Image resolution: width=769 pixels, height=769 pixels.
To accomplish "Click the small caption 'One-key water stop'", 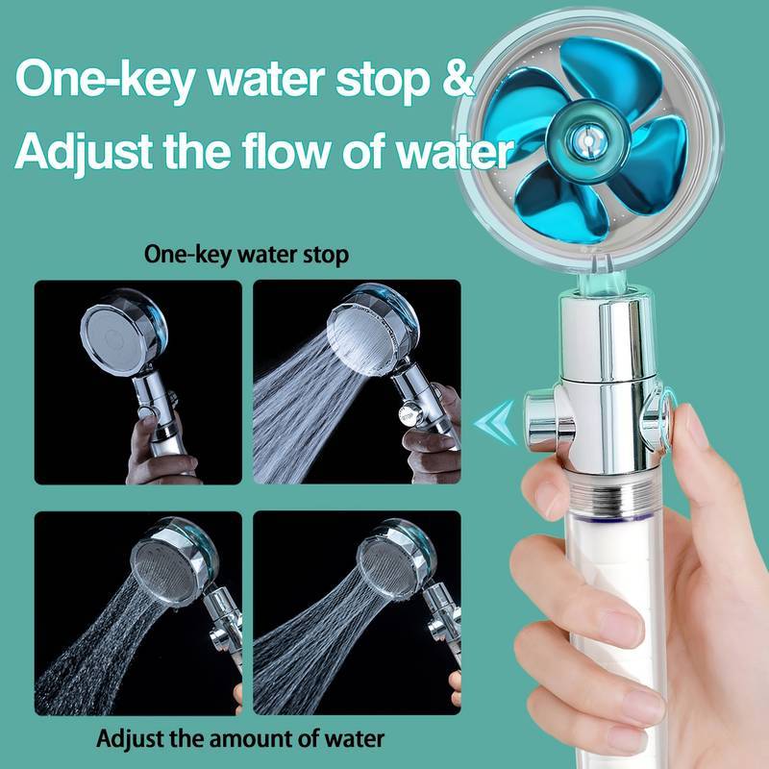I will [245, 256].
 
